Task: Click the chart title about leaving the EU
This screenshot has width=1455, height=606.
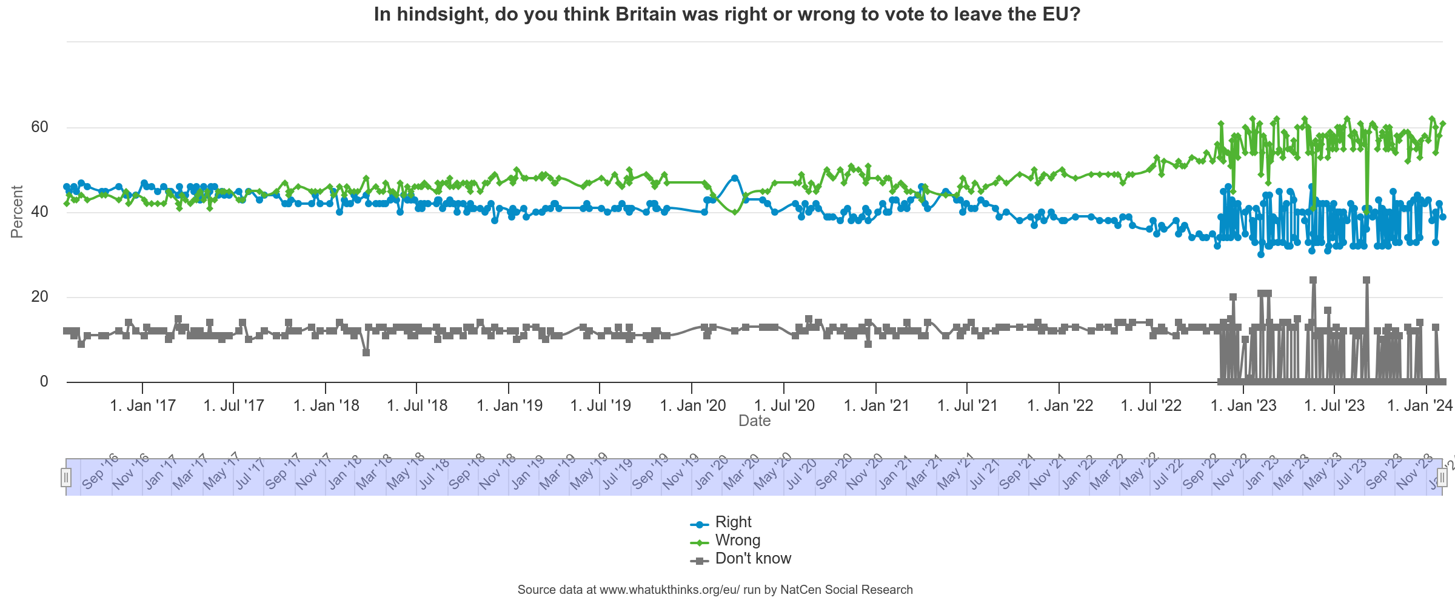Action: pos(727,15)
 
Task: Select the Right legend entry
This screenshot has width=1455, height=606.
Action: pos(733,522)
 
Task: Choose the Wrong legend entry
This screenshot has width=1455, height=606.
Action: pos(737,541)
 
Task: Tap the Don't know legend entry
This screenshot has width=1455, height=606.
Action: pos(753,559)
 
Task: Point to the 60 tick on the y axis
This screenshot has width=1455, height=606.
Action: pos(40,127)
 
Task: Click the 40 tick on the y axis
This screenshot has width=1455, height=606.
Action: pos(40,212)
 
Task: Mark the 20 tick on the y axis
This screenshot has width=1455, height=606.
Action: pos(40,297)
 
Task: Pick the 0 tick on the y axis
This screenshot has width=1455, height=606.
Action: pos(44,382)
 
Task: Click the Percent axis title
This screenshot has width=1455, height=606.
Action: pos(17,211)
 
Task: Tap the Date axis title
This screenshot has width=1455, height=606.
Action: pos(754,421)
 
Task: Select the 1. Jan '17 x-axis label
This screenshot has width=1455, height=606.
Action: pos(142,405)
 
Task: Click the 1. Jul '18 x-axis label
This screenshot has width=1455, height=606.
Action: pos(417,405)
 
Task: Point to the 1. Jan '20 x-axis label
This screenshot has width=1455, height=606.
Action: pos(692,405)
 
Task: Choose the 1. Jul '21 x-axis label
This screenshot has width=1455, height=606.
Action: pos(968,405)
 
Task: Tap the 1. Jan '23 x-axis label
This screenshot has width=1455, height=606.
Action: pos(1243,405)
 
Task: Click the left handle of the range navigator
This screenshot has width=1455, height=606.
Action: pos(66,478)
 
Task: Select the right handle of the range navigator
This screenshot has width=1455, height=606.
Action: pos(1442,478)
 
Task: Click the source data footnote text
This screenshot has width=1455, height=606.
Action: pos(715,590)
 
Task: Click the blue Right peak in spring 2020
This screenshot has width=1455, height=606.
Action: pos(735,178)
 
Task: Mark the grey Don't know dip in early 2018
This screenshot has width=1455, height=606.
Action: pos(366,353)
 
